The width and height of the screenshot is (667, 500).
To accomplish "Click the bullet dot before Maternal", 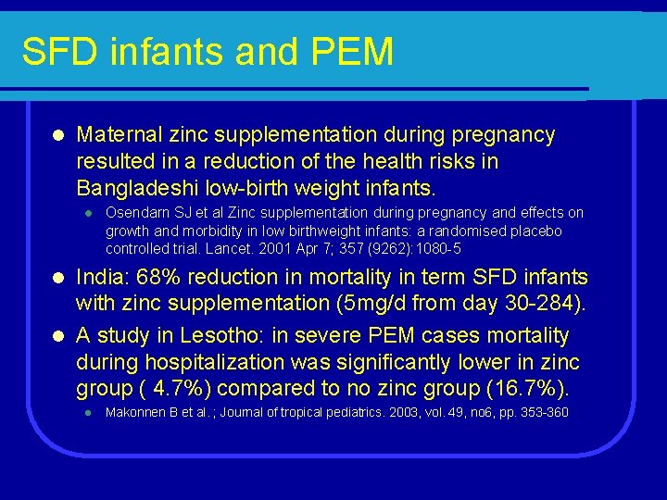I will tap(57, 135).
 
